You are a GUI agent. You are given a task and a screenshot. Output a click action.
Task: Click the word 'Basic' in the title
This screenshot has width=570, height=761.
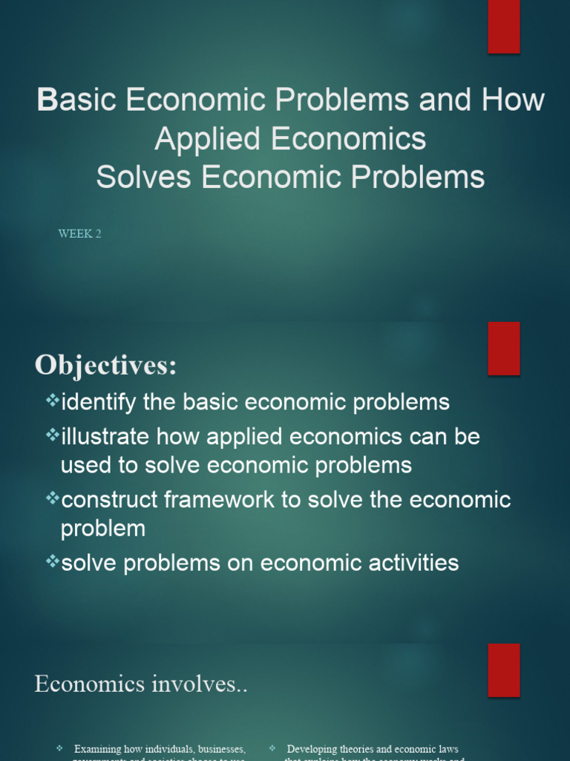coord(76,100)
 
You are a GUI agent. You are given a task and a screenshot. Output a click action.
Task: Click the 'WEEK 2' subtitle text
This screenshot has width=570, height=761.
coord(79,234)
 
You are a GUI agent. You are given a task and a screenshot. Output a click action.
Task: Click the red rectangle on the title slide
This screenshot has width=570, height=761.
coord(503,27)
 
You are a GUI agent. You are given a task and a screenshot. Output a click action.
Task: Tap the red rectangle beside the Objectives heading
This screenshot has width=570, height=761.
coord(503,349)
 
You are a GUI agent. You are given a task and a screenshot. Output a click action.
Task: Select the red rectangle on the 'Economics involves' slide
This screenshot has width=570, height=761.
coord(503,670)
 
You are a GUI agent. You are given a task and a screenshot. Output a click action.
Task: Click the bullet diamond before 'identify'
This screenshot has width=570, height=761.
coord(52,401)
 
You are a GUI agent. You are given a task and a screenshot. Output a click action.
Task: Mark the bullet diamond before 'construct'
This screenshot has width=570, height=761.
coord(52,498)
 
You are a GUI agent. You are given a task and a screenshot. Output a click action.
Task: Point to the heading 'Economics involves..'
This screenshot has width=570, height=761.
coord(140,684)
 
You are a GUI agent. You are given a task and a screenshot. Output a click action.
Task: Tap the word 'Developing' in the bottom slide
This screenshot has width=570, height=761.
coord(315,749)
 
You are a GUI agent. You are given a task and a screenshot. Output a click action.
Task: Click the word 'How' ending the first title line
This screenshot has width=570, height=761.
coord(512,100)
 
